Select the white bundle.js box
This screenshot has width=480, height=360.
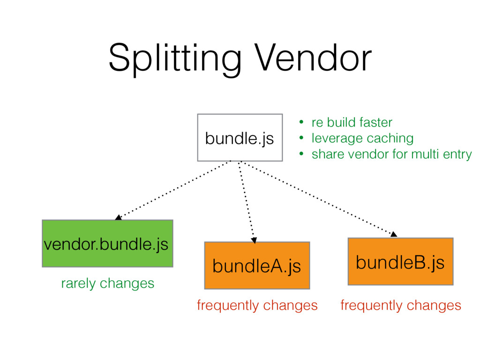(240, 137)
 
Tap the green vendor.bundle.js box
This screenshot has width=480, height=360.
(107, 243)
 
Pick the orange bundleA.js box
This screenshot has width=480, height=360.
(257, 265)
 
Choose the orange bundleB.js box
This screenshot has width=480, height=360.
(400, 262)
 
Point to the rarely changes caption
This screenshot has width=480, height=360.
(107, 283)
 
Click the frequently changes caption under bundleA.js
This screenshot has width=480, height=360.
(257, 306)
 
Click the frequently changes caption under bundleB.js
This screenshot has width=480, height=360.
(401, 306)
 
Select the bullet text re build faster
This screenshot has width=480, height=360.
(352, 122)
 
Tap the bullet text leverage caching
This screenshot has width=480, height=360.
(362, 138)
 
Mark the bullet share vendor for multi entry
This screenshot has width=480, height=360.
(391, 154)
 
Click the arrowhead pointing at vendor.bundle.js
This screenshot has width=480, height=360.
(119, 217)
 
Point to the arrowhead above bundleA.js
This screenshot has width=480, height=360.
(254, 240)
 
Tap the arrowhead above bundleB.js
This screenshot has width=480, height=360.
(394, 234)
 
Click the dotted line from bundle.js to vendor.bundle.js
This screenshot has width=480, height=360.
(173, 189)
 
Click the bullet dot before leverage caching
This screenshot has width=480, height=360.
(302, 138)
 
